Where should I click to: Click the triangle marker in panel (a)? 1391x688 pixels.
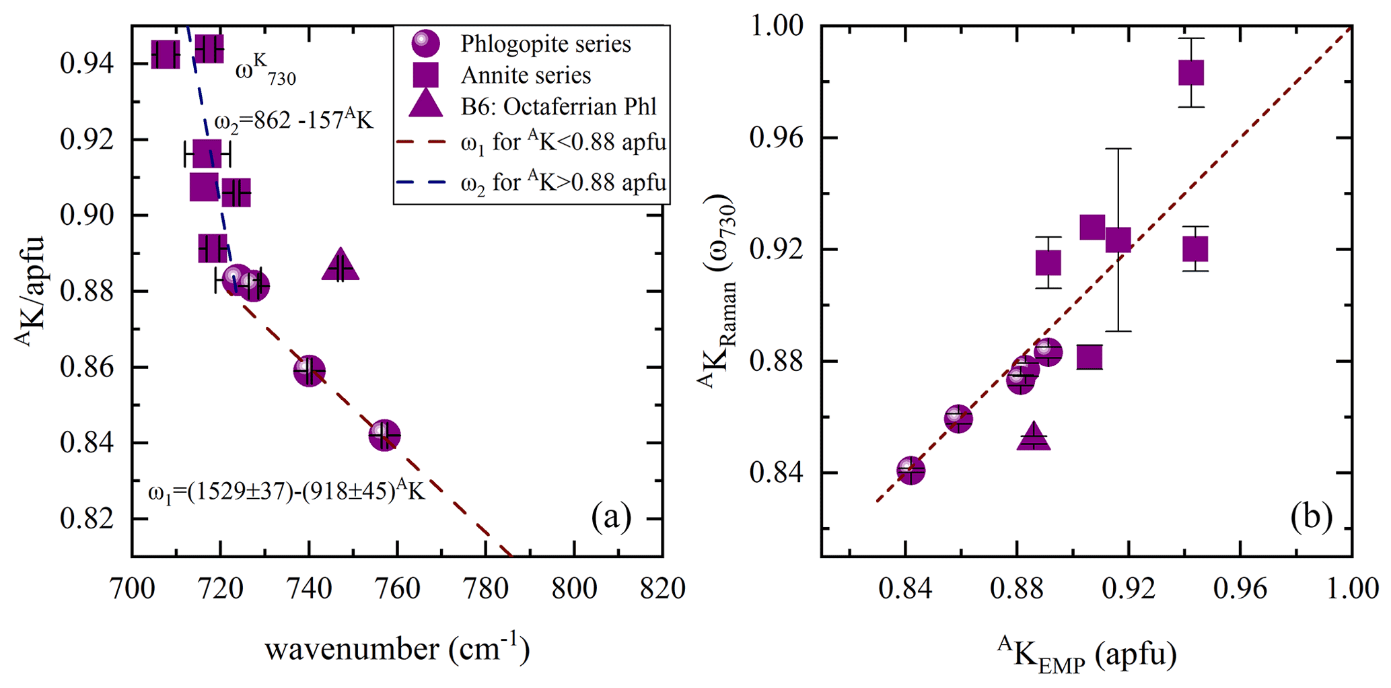(x=341, y=266)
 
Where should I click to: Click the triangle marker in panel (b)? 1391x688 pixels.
(x=1034, y=438)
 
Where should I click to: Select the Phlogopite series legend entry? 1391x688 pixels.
(x=545, y=44)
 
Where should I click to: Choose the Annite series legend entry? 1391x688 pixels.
(x=526, y=75)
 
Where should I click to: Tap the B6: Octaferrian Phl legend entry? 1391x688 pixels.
(x=558, y=107)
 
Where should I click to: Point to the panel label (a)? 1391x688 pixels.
(x=611, y=517)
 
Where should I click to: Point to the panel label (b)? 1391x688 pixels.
(x=1311, y=517)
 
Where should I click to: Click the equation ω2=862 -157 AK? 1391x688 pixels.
(x=293, y=121)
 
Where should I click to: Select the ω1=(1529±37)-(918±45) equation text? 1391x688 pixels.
(x=287, y=491)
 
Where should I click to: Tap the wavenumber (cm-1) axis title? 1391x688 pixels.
(x=397, y=650)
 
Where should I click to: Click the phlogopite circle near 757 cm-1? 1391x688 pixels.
(x=384, y=436)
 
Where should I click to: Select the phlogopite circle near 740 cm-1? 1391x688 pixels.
(x=309, y=370)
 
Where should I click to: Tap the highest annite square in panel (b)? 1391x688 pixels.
(x=1191, y=73)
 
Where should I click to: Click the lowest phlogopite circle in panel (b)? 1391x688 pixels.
(x=911, y=470)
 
